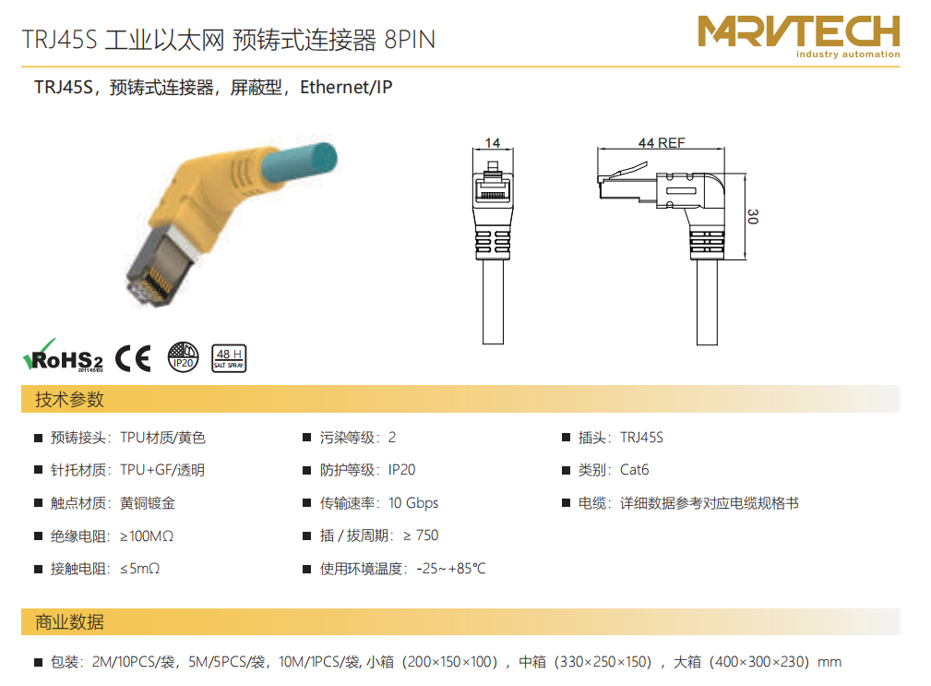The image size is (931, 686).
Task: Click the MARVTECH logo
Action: pyautogui.click(x=799, y=36)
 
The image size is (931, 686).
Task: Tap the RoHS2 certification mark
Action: pyautogui.click(x=63, y=355)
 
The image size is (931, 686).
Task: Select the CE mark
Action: pyautogui.click(x=133, y=358)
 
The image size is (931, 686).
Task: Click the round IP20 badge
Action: pyautogui.click(x=183, y=357)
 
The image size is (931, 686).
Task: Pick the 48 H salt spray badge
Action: pyautogui.click(x=229, y=358)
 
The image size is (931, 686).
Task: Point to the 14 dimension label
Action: pyautogui.click(x=492, y=142)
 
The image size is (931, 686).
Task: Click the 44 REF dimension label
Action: pyautogui.click(x=662, y=142)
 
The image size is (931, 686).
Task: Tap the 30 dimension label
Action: pyautogui.click(x=753, y=216)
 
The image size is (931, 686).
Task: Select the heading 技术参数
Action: pyautogui.click(x=69, y=399)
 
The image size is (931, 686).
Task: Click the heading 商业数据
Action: pyautogui.click(x=69, y=622)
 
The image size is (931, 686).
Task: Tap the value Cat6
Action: pyautogui.click(x=634, y=470)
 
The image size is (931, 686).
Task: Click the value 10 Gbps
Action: pyautogui.click(x=413, y=503)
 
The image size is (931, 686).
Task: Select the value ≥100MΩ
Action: pyautogui.click(x=147, y=536)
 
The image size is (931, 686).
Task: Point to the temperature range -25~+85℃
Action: pyautogui.click(x=451, y=569)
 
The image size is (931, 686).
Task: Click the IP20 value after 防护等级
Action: pyautogui.click(x=402, y=470)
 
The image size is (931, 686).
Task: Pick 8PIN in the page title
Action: pyautogui.click(x=410, y=40)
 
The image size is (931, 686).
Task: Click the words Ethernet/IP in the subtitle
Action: pyautogui.click(x=346, y=88)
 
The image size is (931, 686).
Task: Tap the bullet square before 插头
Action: pyautogui.click(x=566, y=438)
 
